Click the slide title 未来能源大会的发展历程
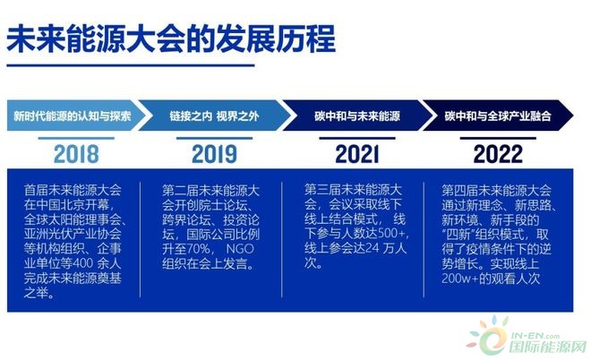coord(171,39)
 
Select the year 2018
coord(76,154)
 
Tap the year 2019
coord(215,154)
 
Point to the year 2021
coord(357,154)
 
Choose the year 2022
coord(498,154)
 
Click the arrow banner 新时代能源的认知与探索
coord(76,116)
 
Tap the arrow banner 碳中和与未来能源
coord(357,116)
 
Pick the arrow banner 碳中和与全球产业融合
coord(498,116)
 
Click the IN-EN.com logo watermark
coord(527,336)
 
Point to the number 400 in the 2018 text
coord(82,263)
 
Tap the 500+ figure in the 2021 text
coord(393,234)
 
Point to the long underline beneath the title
coord(131,65)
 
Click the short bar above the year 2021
coord(357,138)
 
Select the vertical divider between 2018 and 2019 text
coord(141,240)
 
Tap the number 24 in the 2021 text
coord(372,249)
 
